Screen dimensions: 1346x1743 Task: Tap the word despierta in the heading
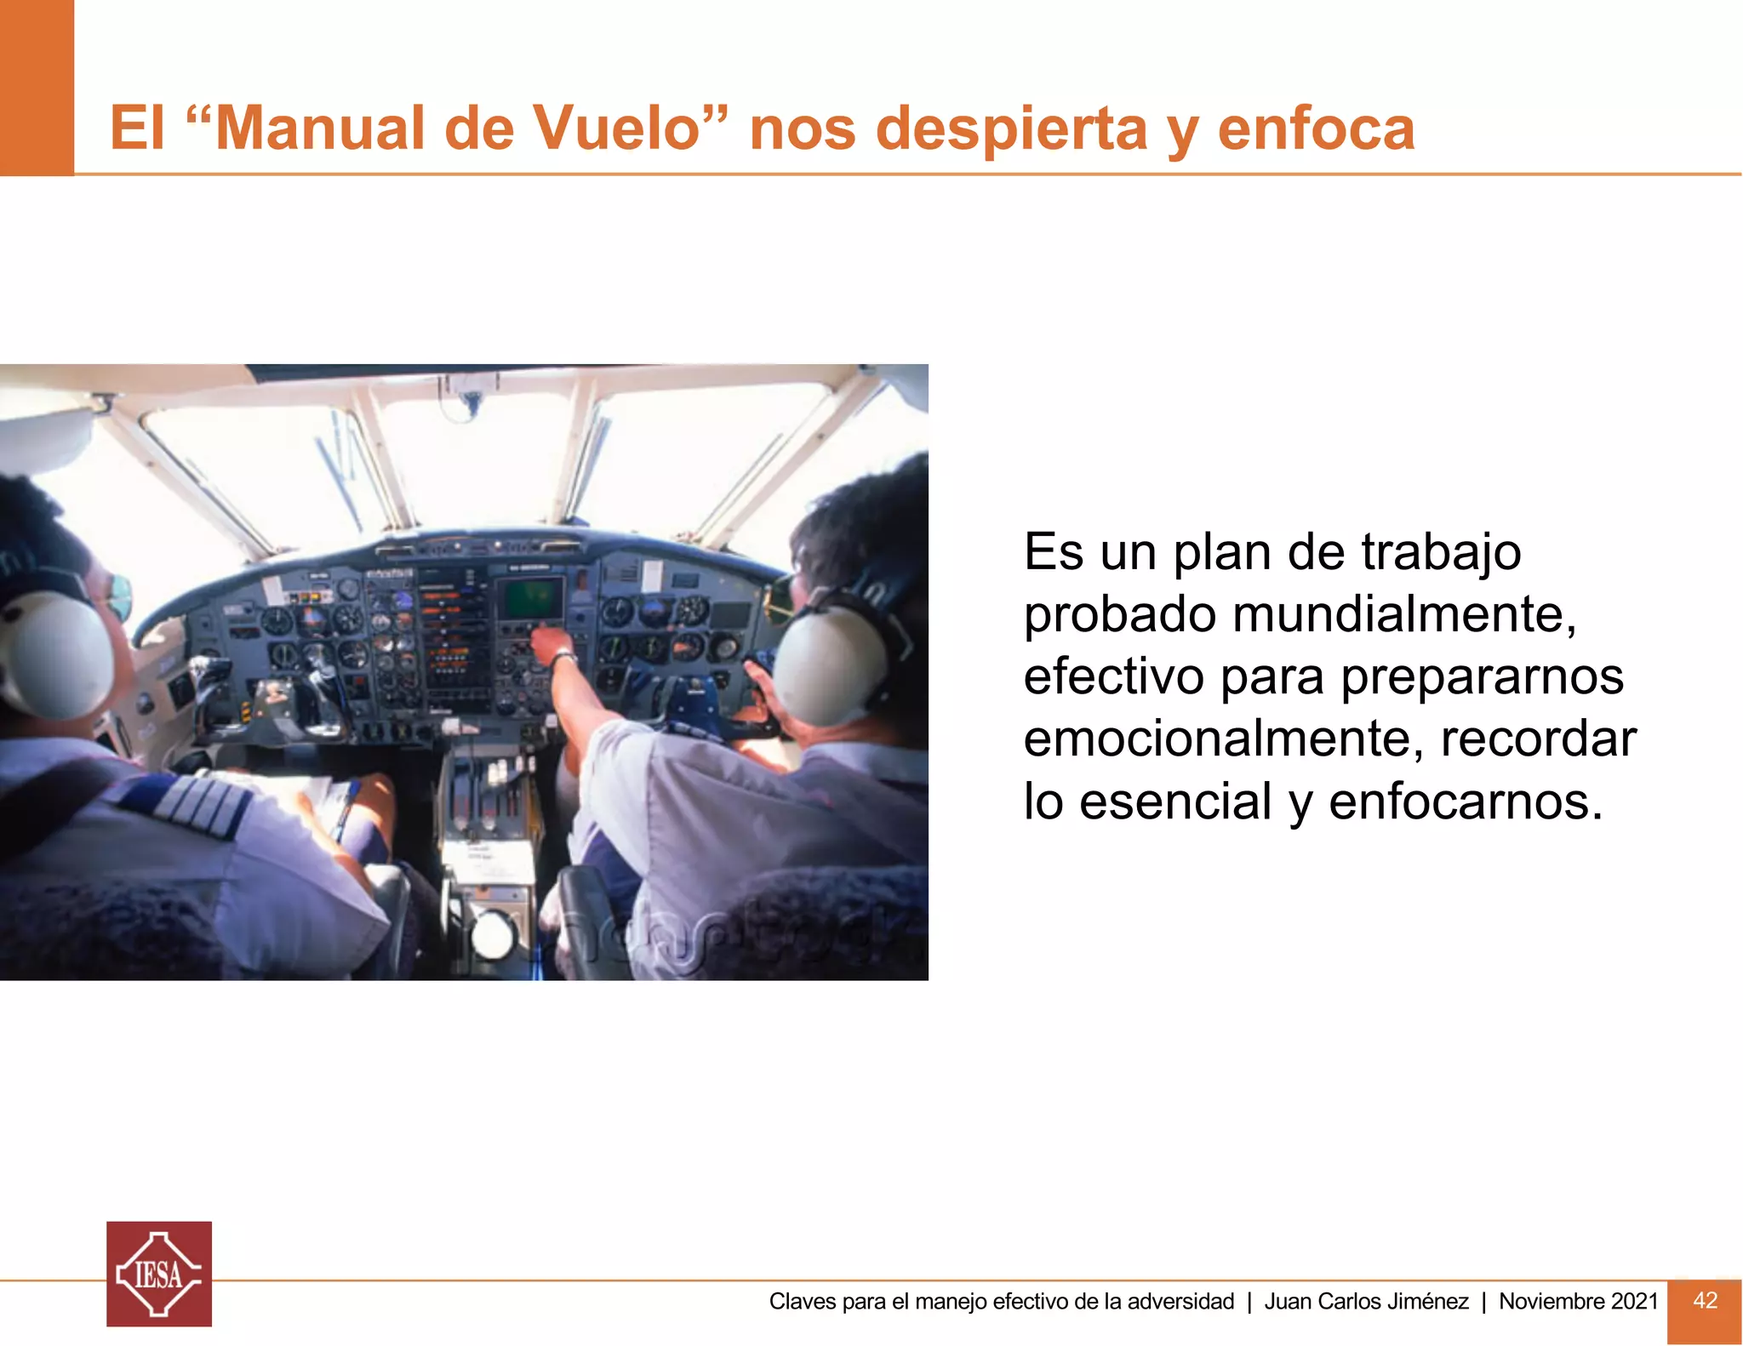(x=1012, y=129)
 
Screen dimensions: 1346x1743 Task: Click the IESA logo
(x=159, y=1274)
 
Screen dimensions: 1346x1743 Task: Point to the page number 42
(x=1705, y=1300)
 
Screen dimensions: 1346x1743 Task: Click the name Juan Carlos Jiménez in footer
(x=1366, y=1301)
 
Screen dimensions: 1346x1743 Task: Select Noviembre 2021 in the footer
(x=1578, y=1301)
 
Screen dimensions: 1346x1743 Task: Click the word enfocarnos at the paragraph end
(x=1465, y=801)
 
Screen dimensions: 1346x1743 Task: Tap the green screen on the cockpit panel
(x=530, y=599)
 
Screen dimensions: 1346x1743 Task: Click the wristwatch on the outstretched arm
(x=563, y=659)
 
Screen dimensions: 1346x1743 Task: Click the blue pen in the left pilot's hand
(x=346, y=813)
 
